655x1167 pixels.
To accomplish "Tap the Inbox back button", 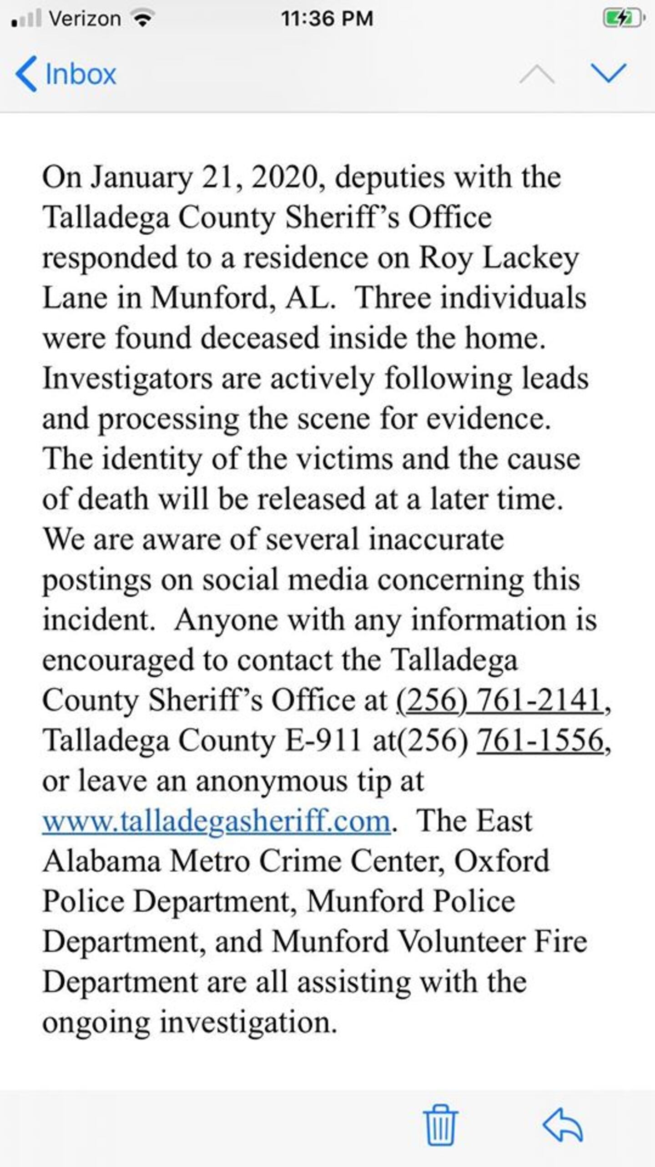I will pyautogui.click(x=66, y=74).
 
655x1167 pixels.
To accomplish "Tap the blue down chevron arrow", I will pyautogui.click(x=609, y=73).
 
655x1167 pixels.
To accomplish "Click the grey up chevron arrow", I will pyautogui.click(x=537, y=74).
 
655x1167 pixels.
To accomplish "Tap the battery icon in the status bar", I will pyautogui.click(x=623, y=19).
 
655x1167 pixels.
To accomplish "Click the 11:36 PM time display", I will pyautogui.click(x=327, y=19).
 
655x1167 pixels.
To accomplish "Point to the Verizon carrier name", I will pyautogui.click(x=85, y=19).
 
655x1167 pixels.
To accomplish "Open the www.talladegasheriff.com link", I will pyautogui.click(x=217, y=821).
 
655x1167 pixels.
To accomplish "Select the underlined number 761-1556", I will pyautogui.click(x=540, y=740).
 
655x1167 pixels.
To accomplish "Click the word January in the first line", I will pyautogui.click(x=141, y=177).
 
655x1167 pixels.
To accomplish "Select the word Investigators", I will pyautogui.click(x=127, y=379).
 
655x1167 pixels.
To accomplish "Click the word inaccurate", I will pyautogui.click(x=436, y=539).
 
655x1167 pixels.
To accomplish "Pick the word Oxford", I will pyautogui.click(x=502, y=861).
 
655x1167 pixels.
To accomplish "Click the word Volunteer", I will pyautogui.click(x=462, y=941).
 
